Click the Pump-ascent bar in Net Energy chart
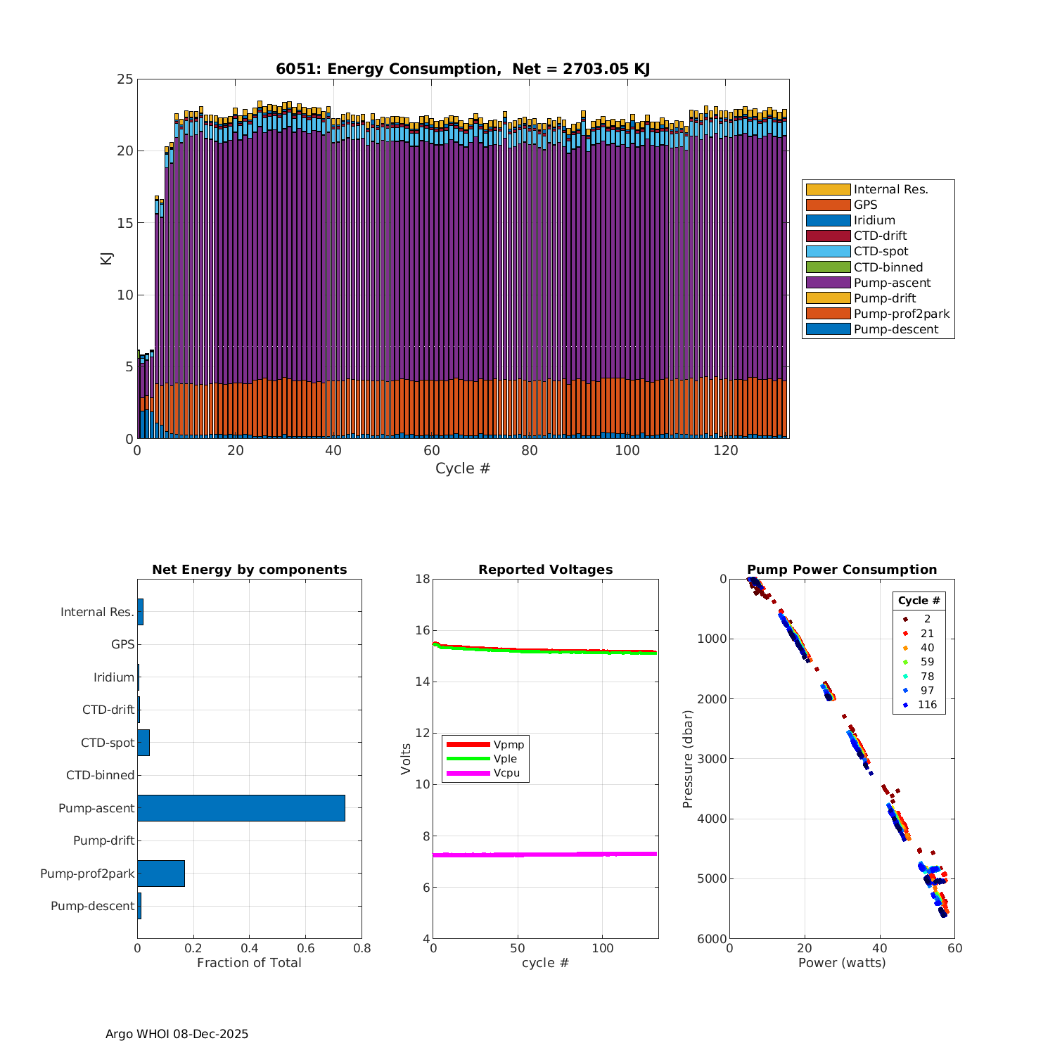241,808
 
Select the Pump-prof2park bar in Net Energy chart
161,874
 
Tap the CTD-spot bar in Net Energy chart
143,743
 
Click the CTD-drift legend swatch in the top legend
828,236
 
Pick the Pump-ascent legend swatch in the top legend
828,283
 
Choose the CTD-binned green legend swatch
828,267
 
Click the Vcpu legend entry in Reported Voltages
506,773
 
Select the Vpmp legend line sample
468,744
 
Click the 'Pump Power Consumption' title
842,570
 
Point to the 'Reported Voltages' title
545,570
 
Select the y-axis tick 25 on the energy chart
125,79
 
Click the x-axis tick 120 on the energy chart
726,451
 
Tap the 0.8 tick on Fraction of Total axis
362,948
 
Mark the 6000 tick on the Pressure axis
712,939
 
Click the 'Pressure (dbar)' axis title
688,759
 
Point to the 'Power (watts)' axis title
842,962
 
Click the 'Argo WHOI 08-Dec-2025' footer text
177,1034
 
